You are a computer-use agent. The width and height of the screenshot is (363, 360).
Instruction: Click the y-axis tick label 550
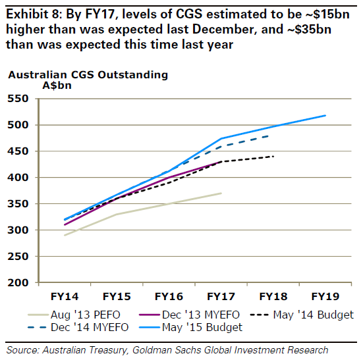(x=18, y=99)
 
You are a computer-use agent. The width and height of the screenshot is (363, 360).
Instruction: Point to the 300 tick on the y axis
(x=18, y=230)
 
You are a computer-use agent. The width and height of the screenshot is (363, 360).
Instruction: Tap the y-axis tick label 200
(x=18, y=282)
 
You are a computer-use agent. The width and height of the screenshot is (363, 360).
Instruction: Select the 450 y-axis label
(x=18, y=151)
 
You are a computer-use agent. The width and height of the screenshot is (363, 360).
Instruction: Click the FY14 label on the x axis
(x=65, y=296)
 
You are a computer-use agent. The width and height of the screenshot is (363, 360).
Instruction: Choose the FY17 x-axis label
(x=221, y=296)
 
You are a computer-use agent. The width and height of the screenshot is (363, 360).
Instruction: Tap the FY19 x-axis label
(x=325, y=296)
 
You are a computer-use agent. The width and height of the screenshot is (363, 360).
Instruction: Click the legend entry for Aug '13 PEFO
(x=74, y=315)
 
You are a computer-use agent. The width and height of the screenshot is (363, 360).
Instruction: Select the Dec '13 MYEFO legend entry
(x=189, y=315)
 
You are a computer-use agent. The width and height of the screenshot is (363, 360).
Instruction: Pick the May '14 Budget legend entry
(x=302, y=315)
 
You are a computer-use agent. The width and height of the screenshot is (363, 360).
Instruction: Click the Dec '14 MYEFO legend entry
(x=78, y=327)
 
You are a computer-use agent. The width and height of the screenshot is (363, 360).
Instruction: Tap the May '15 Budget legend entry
(x=190, y=327)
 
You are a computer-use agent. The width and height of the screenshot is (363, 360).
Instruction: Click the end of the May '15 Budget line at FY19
(x=325, y=115)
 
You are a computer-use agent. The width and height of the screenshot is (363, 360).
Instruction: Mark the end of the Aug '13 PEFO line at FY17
(x=221, y=193)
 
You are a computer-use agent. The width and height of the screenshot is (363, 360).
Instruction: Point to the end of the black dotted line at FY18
(x=273, y=157)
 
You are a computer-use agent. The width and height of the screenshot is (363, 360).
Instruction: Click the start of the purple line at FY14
(x=65, y=224)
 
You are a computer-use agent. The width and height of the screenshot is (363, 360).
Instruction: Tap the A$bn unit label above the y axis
(x=57, y=86)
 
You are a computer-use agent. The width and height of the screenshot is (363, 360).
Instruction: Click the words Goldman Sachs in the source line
(x=167, y=350)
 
